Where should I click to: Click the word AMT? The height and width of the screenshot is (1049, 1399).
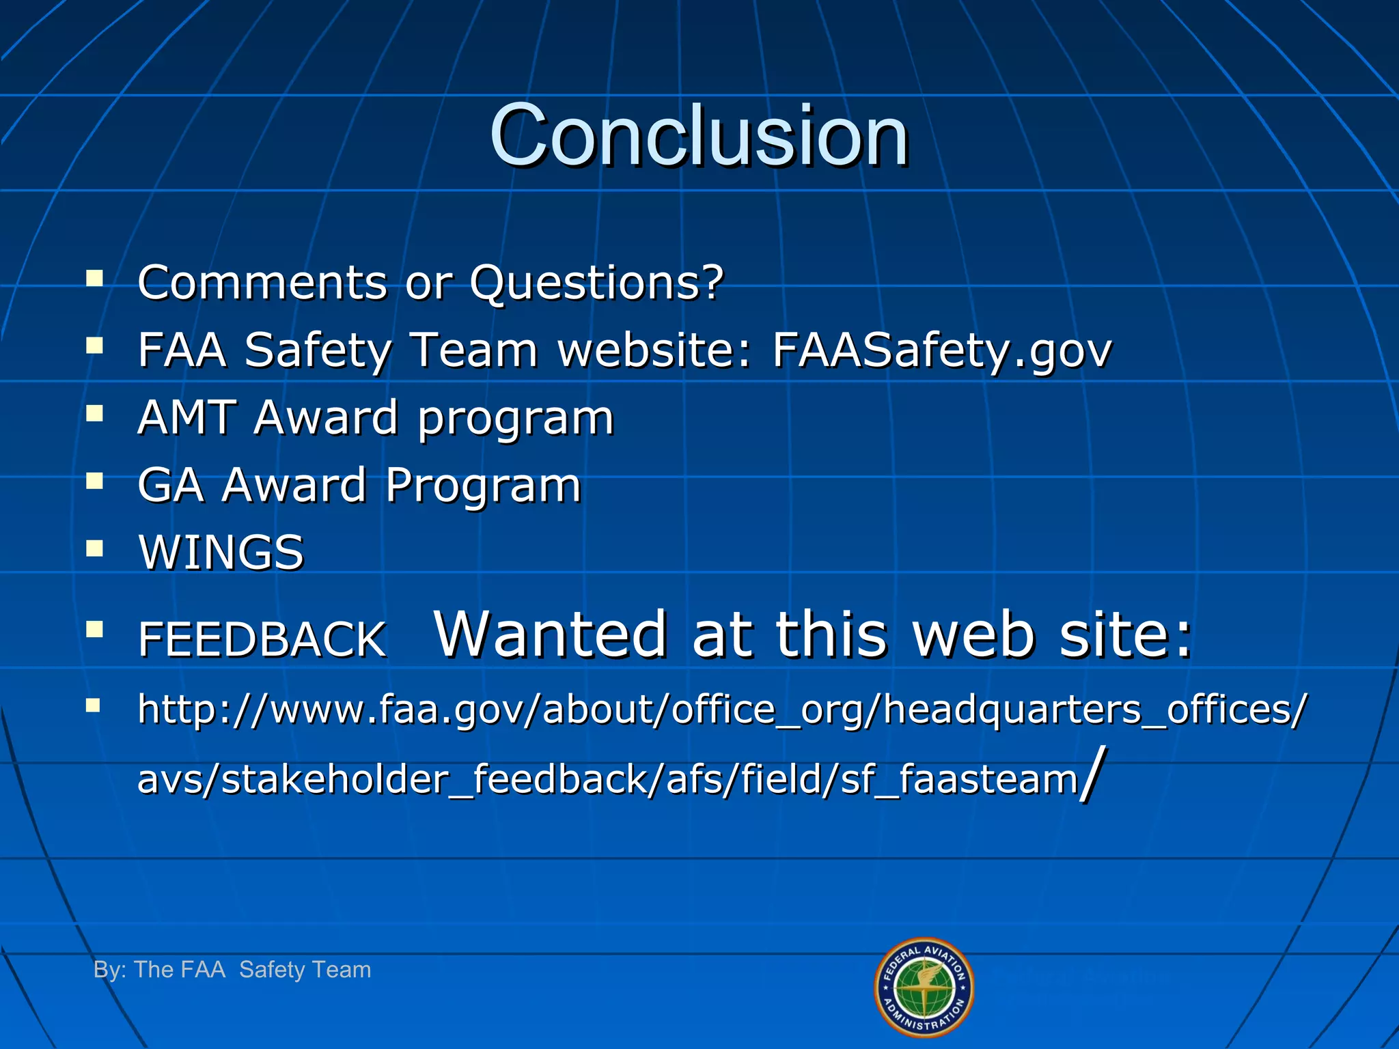tap(186, 417)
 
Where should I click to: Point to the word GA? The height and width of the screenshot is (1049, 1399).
tap(170, 485)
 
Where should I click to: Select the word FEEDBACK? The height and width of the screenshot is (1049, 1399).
tap(262, 640)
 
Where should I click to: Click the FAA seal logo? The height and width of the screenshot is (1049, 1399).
tap(924, 987)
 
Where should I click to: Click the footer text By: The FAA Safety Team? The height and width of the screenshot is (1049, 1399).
tap(232, 969)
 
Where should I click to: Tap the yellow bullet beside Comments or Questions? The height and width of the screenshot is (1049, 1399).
tap(94, 278)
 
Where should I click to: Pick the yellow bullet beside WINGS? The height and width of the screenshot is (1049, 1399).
tap(94, 548)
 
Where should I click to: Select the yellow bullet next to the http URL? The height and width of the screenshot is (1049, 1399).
tap(93, 705)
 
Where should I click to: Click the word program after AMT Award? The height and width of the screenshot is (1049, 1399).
tap(516, 419)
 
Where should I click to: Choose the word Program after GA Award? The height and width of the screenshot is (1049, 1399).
tap(483, 486)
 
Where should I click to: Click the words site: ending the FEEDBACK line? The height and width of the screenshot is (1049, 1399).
tap(1124, 635)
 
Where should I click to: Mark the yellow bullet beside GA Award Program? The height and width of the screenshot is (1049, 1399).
tap(94, 481)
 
